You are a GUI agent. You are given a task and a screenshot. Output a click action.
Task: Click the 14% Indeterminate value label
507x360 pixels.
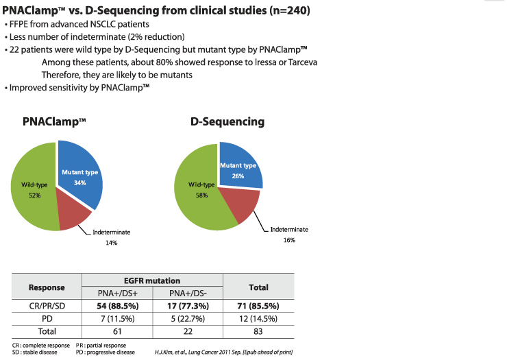(111, 243)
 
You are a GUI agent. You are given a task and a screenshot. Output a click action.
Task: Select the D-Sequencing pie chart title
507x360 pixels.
(227, 122)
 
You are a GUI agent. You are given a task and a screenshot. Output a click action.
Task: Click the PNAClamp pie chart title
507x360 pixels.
(54, 122)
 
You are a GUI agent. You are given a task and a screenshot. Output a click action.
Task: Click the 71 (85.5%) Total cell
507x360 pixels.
(258, 307)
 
